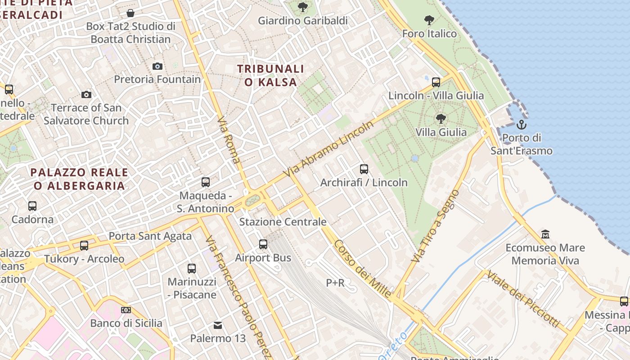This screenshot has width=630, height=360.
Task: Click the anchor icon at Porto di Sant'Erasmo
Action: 522,124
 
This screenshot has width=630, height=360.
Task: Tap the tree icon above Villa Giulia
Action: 441,119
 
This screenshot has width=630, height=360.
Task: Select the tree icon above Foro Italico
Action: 429,20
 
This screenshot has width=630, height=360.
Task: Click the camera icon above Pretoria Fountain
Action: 157,66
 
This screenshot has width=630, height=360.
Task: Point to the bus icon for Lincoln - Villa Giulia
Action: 436,82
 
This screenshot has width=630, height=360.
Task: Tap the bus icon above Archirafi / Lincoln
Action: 364,169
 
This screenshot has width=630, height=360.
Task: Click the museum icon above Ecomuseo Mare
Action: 545,234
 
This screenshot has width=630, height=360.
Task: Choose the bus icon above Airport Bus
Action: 263,244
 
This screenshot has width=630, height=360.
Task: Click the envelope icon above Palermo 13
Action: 218,325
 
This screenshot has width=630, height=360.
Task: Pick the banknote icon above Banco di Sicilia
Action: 126,310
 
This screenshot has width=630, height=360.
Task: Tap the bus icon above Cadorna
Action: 32,206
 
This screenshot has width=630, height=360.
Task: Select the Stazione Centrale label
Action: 283,222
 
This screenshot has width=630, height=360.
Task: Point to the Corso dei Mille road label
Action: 362,269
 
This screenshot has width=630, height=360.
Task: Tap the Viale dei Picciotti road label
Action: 523,299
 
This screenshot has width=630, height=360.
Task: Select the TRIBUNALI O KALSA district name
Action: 270,76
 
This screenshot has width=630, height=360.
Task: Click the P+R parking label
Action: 335,283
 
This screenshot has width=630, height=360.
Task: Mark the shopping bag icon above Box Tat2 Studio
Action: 130,13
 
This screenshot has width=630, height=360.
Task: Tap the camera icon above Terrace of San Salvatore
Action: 86,94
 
